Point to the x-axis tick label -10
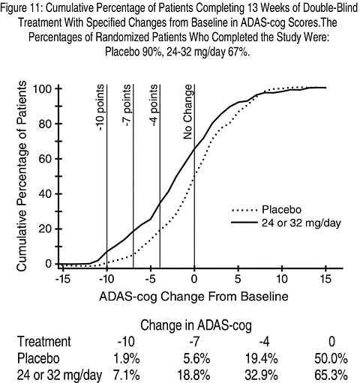click(x=106, y=279)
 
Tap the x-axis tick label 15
click(x=325, y=279)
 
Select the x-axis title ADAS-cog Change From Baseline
click(x=193, y=297)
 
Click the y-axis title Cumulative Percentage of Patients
click(x=22, y=176)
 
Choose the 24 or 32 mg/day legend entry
click(x=286, y=223)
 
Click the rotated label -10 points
click(x=100, y=107)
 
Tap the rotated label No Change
click(x=187, y=112)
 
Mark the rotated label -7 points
click(x=127, y=105)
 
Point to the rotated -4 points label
click(x=154, y=105)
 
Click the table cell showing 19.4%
click(x=262, y=358)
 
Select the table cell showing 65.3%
click(x=331, y=375)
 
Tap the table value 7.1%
click(x=127, y=375)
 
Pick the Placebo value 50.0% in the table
click(x=331, y=358)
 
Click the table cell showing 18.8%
click(x=193, y=375)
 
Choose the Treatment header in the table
click(x=44, y=342)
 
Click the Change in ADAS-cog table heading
click(x=196, y=325)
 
